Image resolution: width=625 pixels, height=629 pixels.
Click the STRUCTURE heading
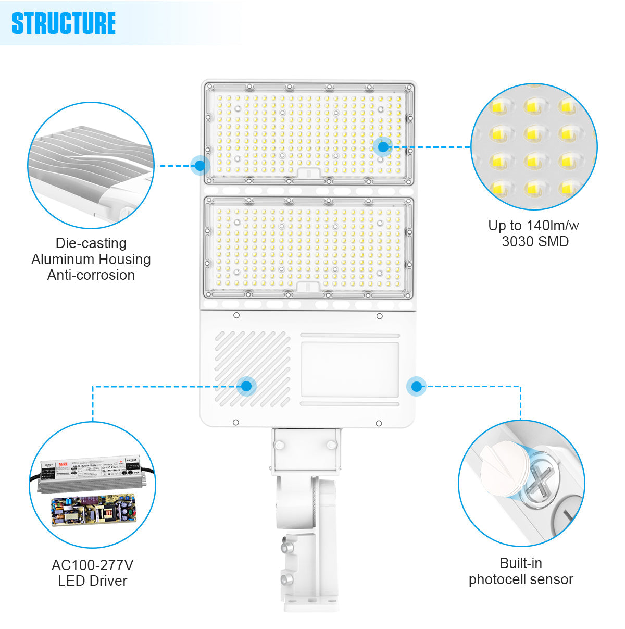[x=64, y=23]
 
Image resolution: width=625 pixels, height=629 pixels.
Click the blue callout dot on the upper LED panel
[x=383, y=147]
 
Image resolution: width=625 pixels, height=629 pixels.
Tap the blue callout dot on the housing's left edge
[x=200, y=166]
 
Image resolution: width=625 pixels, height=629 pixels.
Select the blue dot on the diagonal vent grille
[x=246, y=386]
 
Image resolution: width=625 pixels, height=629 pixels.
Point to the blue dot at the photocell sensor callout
[x=416, y=386]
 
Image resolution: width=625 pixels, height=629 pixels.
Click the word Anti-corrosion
[x=91, y=275]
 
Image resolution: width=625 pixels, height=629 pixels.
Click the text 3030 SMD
[x=535, y=242]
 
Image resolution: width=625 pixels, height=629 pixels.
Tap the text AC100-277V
[x=92, y=565]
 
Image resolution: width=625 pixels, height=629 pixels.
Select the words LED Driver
[x=92, y=581]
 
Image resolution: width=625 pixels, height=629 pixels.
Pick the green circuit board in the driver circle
[x=93, y=510]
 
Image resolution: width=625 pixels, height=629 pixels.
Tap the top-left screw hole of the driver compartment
[x=236, y=315]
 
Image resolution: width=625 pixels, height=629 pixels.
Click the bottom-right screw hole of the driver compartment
[x=379, y=423]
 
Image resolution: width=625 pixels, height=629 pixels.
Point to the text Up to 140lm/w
[x=533, y=226]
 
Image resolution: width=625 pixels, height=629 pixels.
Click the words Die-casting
[x=91, y=243]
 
